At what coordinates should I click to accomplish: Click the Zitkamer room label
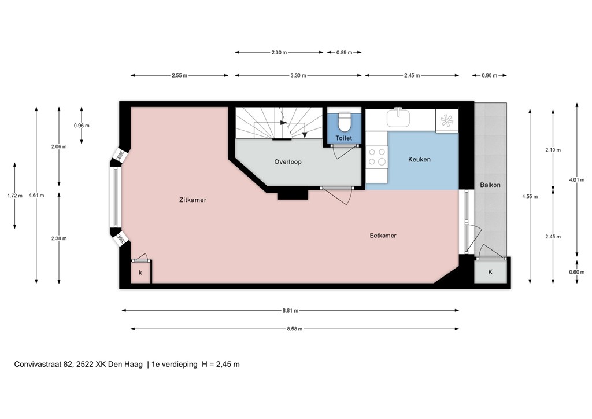coord(193,200)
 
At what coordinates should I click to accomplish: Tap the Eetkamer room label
coord(383,236)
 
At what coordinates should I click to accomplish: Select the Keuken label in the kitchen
coord(419,159)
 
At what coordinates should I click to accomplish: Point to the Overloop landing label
coord(287,162)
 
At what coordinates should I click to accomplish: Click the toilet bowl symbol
coord(344,122)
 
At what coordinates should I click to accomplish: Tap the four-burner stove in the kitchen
coord(378,157)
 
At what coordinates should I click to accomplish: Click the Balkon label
coord(490,185)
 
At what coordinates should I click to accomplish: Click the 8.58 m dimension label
coord(294,329)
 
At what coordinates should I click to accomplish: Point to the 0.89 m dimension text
coord(344,53)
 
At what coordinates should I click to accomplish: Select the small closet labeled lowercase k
coord(140,272)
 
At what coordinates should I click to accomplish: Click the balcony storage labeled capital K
coord(490,272)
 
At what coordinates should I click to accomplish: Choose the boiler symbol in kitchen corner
coord(447,120)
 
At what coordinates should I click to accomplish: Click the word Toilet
coord(344,139)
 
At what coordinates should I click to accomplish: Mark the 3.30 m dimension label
coord(298,75)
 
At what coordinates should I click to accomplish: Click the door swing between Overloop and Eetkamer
coord(341,196)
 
